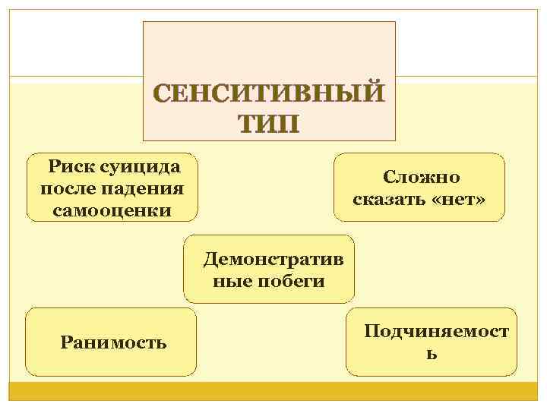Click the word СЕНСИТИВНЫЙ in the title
(269, 95)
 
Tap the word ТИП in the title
(269, 123)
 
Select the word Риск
(71, 165)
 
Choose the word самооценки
(112, 209)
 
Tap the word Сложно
(421, 177)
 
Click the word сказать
(390, 200)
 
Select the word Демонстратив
(273, 259)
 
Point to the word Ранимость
(113, 342)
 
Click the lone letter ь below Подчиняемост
(431, 354)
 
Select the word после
(65, 187)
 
